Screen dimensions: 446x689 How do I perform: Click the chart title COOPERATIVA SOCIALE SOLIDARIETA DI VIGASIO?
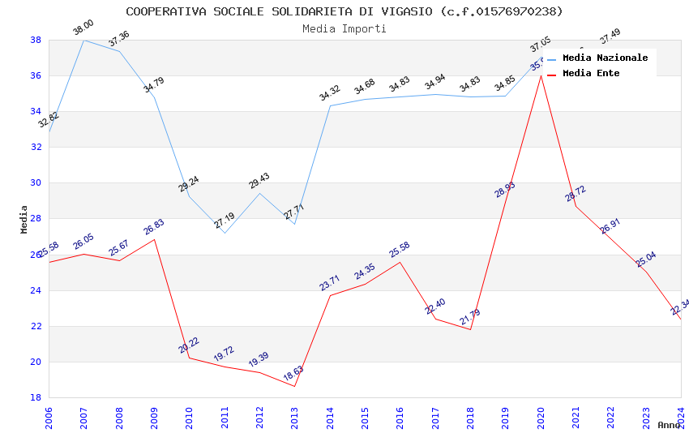[x=344, y=11]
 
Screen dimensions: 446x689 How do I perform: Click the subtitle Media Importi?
[x=344, y=28]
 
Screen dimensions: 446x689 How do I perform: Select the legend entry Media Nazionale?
[x=605, y=58]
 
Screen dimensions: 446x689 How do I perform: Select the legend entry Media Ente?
[x=591, y=73]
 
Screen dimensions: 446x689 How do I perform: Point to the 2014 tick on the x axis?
[x=330, y=417]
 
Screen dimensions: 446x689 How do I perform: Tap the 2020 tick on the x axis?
[x=541, y=417]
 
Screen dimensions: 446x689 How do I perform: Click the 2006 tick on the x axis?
[x=49, y=417]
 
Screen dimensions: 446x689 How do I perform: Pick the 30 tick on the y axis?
[x=36, y=183]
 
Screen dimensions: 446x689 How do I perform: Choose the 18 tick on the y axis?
[x=36, y=397]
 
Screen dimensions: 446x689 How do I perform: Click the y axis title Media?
[x=24, y=219]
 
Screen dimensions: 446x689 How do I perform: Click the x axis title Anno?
[x=669, y=425]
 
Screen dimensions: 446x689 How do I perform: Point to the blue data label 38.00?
[x=83, y=28]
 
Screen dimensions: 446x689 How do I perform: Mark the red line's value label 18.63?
[x=293, y=373]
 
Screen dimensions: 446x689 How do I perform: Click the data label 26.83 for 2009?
[x=154, y=226]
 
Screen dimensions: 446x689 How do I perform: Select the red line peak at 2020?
[x=541, y=75]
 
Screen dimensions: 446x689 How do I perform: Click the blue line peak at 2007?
[x=83, y=40]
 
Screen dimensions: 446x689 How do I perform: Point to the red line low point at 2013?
[x=295, y=386]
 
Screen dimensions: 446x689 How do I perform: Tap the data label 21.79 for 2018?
[x=470, y=316]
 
